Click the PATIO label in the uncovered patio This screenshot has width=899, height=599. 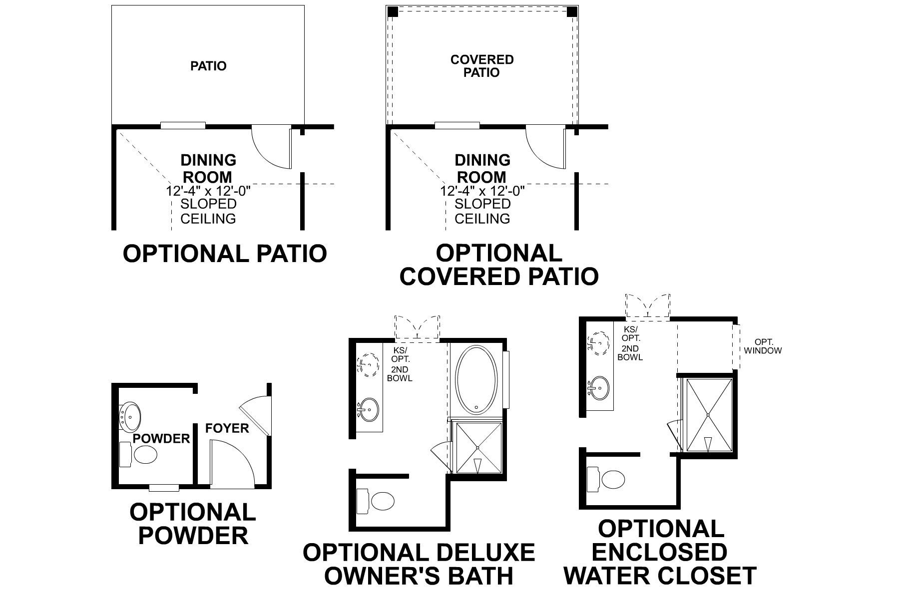coord(208,66)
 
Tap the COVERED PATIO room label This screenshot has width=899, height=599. coord(481,66)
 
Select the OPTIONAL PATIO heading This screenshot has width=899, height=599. coord(225,254)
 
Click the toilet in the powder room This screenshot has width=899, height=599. coord(145,454)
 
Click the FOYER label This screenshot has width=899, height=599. coord(227,428)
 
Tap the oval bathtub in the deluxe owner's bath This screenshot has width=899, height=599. coord(477,380)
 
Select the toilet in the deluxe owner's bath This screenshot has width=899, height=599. coord(383,501)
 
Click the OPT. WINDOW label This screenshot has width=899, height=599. coord(763,346)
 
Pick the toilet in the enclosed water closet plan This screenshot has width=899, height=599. coord(613,480)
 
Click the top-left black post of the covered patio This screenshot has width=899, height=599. coord(393,11)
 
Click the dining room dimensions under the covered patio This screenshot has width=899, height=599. coord(482,191)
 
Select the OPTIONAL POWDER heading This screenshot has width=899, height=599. coord(193,524)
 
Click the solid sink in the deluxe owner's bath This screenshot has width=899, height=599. coord(369,409)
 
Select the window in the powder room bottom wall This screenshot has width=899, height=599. coord(164,487)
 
